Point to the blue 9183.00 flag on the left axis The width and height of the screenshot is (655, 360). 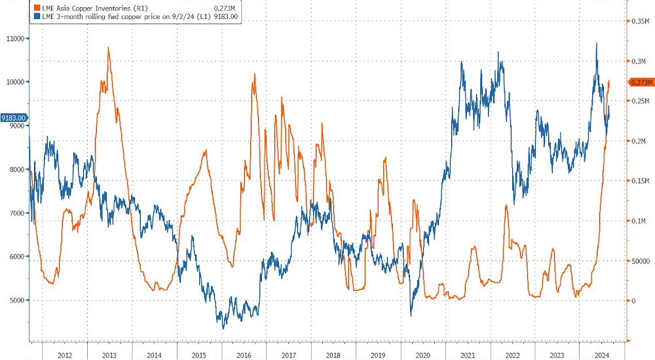tap(14, 118)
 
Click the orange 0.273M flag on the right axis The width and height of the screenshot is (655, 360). tap(641, 82)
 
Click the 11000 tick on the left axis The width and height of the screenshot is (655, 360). tap(14, 39)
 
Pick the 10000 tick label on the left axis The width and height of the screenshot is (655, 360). tap(14, 82)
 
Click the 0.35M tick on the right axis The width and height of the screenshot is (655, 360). tap(639, 22)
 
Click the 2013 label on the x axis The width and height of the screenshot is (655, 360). tap(109, 354)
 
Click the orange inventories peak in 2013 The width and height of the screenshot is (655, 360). tap(107, 48)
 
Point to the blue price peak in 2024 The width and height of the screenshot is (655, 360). tap(597, 43)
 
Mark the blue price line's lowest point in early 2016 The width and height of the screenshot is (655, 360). tap(223, 328)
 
